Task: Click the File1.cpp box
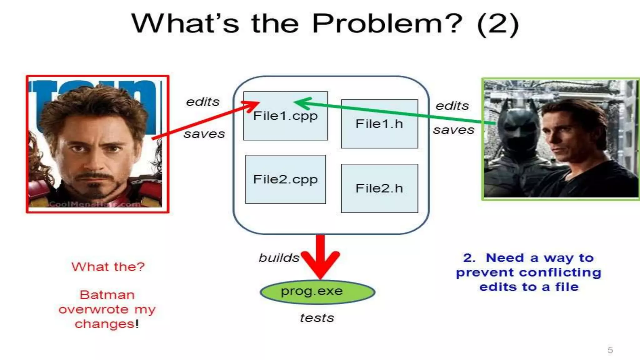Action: point(285,125)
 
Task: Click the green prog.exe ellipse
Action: point(317,292)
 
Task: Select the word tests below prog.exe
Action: point(317,318)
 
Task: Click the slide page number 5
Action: point(610,350)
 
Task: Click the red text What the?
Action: point(108,267)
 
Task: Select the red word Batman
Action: point(107,295)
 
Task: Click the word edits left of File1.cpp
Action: point(202,102)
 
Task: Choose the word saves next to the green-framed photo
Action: point(453,130)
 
